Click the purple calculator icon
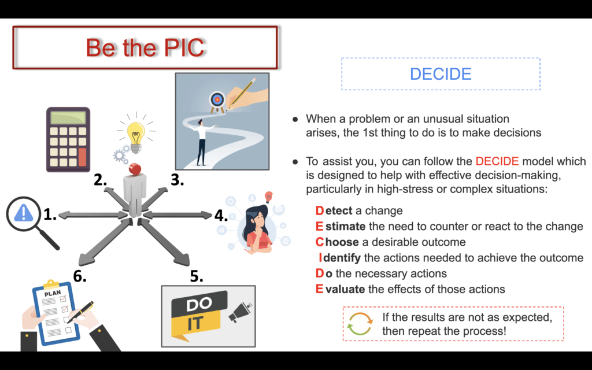[68, 139]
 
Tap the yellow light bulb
[136, 136]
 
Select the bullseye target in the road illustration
[217, 101]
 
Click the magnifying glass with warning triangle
[32, 223]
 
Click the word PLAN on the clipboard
[53, 293]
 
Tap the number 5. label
[197, 276]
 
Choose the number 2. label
[101, 180]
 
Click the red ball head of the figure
[135, 169]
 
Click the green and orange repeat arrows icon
[360, 324]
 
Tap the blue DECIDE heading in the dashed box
[441, 74]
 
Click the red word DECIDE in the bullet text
[497, 161]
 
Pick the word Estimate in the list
[341, 226]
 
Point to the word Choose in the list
[337, 242]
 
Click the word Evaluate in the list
[340, 289]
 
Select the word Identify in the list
[340, 258]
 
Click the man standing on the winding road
[202, 142]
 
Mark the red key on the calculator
[82, 157]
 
